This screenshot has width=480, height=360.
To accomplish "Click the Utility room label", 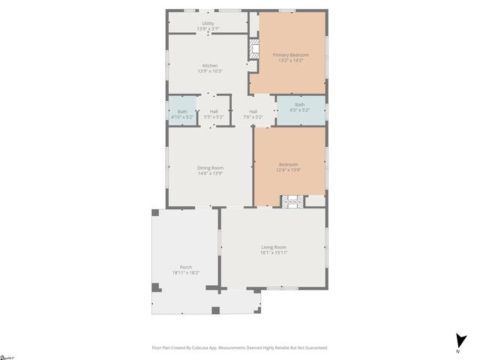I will pyautogui.click(x=208, y=23).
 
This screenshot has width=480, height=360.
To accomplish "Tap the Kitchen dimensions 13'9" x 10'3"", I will pyautogui.click(x=210, y=71).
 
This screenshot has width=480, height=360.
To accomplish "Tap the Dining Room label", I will pyautogui.click(x=210, y=167).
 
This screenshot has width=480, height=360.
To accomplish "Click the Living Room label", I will pyautogui.click(x=274, y=247).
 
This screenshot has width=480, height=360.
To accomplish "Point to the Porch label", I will pyautogui.click(x=185, y=267).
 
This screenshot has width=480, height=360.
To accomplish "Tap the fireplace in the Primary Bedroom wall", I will pyautogui.click(x=253, y=50).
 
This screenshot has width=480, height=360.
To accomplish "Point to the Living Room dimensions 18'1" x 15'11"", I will pyautogui.click(x=274, y=253).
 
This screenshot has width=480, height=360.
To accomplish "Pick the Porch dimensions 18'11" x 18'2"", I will pyautogui.click(x=185, y=272).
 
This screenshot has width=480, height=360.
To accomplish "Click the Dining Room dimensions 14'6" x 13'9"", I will pyautogui.click(x=210, y=173).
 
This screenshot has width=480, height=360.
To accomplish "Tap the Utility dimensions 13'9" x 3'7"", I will pyautogui.click(x=208, y=28).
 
